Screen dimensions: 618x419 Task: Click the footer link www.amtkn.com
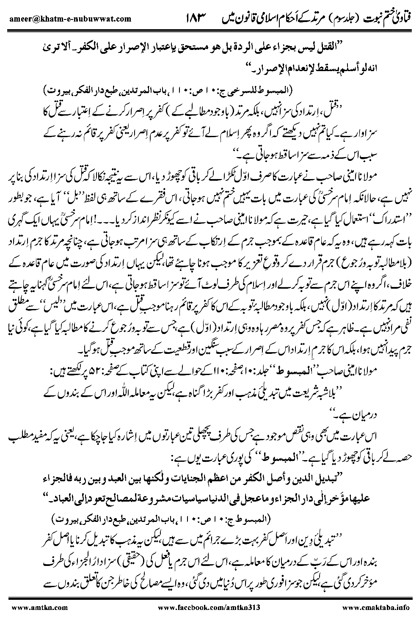point(26,607)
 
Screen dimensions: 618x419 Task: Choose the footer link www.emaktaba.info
point(374,607)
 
